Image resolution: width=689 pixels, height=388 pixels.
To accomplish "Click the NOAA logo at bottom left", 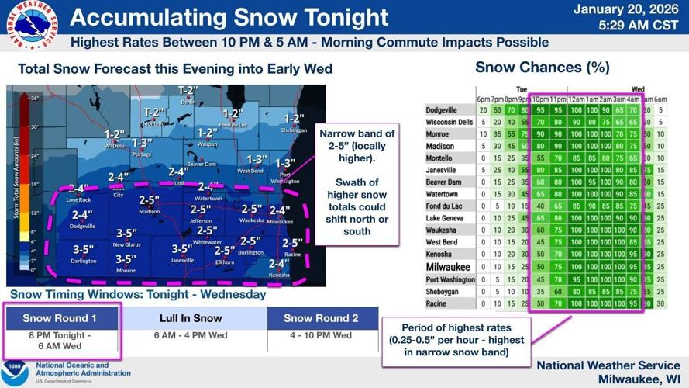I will [x=15, y=372].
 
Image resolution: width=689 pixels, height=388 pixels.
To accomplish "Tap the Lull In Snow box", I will [x=191, y=318].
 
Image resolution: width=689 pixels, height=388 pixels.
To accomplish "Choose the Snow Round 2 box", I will [x=321, y=318].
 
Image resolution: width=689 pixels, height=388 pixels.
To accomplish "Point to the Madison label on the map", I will [x=149, y=211].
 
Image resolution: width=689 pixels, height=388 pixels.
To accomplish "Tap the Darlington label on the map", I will [x=84, y=261].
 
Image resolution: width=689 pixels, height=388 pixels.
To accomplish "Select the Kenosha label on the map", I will [x=278, y=275].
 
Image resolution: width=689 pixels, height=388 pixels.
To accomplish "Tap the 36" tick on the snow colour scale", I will [x=35, y=99].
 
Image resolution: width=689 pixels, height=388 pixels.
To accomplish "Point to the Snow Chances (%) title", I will [x=542, y=68].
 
